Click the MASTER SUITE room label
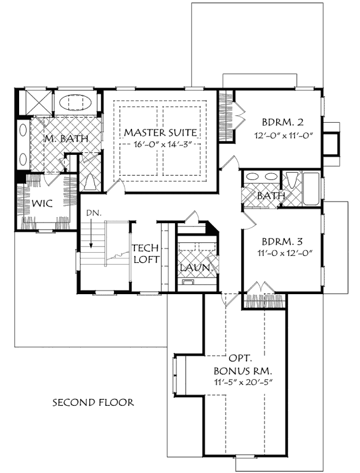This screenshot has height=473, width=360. tap(160, 133)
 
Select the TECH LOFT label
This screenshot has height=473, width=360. tap(145, 253)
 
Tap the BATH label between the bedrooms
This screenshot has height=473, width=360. tap(271, 197)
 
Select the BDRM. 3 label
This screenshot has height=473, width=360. tap(281, 241)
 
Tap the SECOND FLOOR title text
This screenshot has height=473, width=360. tap(92, 403)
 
